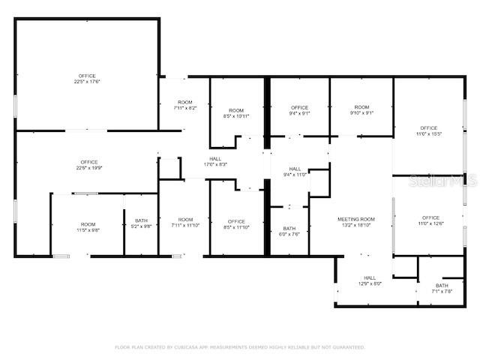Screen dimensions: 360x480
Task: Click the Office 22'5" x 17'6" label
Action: [x=88, y=79]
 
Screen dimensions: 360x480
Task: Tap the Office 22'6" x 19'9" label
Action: [x=89, y=165]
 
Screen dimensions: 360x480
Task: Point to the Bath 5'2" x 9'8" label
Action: [x=141, y=223]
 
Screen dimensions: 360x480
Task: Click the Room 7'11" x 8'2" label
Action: [x=184, y=105]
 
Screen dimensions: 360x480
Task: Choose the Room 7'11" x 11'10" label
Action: [x=184, y=223]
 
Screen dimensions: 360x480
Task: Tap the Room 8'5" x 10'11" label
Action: [x=236, y=113]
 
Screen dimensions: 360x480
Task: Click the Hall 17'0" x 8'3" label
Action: [x=215, y=161]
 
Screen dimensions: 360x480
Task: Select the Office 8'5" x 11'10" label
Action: [x=236, y=223]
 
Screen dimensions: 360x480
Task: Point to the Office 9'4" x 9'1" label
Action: [x=298, y=110]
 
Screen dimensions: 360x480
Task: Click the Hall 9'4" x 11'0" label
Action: [x=295, y=171]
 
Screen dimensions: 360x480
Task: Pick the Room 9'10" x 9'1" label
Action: [x=361, y=110]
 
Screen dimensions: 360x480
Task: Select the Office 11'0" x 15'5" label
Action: [x=429, y=130]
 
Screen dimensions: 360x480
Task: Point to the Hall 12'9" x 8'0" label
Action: [x=370, y=280]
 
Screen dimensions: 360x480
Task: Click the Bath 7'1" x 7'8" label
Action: [x=442, y=288]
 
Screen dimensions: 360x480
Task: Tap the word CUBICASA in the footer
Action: [x=193, y=347]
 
